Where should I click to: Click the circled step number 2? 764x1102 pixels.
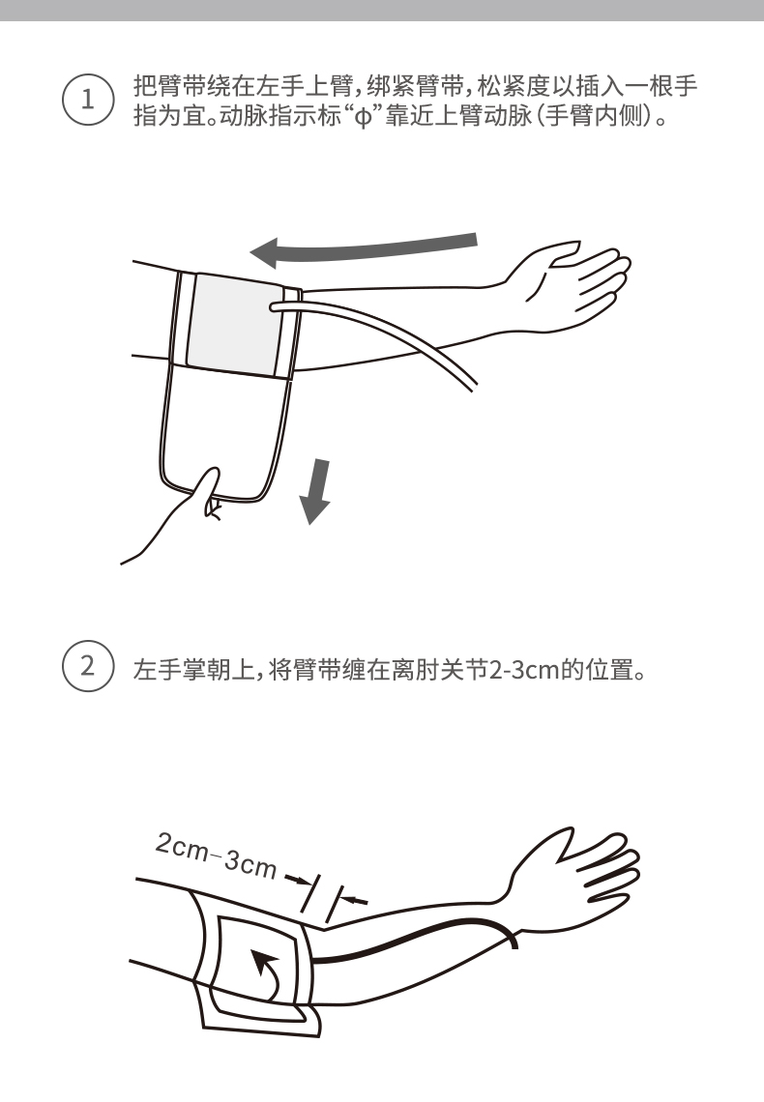(x=87, y=668)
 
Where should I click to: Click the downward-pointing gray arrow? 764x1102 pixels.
(x=314, y=491)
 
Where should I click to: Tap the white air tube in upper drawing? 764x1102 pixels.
(x=387, y=329)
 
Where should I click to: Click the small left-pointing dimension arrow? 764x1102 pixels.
(x=356, y=899)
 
